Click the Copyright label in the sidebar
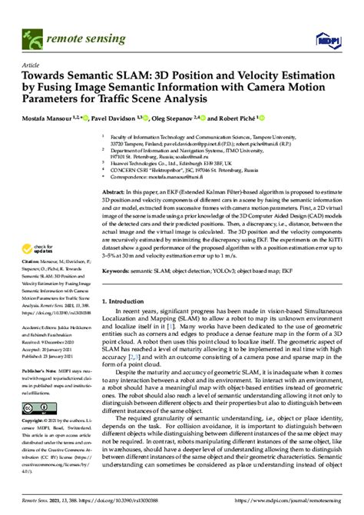click(38, 422)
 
